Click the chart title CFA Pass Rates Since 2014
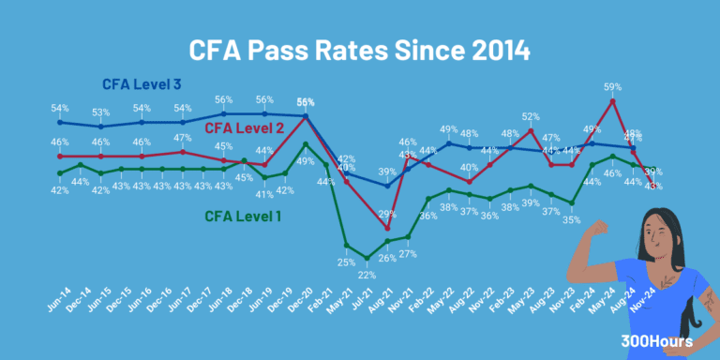tap(360, 49)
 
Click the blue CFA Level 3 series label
tap(142, 85)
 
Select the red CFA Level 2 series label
tap(245, 127)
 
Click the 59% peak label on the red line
tap(612, 87)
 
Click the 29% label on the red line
tap(387, 215)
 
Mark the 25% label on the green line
tap(346, 262)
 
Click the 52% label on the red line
tap(531, 117)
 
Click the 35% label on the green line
tap(571, 219)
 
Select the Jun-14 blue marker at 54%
tap(60, 122)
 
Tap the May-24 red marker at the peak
tap(612, 101)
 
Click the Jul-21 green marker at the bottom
tap(367, 258)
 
